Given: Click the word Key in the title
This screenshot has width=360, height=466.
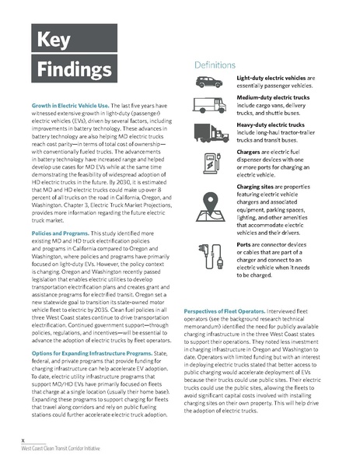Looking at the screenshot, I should [x=50, y=40].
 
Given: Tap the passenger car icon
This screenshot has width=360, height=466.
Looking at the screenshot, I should [x=208, y=83].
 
